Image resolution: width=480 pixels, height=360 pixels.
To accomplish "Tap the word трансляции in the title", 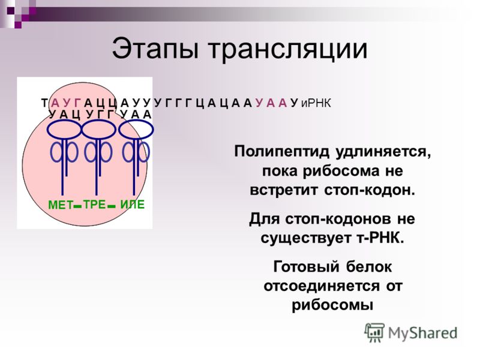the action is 288,50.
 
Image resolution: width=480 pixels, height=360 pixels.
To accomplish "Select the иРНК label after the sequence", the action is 316,103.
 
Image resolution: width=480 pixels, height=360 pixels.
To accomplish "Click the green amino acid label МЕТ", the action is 61,205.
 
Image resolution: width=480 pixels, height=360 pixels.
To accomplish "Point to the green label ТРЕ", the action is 94,204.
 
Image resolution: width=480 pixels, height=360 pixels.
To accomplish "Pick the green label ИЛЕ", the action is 132,204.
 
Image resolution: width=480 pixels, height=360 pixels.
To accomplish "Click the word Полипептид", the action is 282,152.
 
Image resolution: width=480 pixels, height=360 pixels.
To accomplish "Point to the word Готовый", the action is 306,267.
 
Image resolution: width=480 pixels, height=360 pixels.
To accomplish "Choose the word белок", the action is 369,266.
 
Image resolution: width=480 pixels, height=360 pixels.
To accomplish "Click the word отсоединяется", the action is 320,286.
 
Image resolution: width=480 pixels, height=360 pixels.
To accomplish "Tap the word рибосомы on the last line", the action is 332,305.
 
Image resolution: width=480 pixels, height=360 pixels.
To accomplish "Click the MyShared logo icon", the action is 374,332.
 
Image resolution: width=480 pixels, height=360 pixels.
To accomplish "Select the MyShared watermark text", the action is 422,334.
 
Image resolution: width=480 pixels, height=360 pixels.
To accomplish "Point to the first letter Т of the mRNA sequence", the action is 44,103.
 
